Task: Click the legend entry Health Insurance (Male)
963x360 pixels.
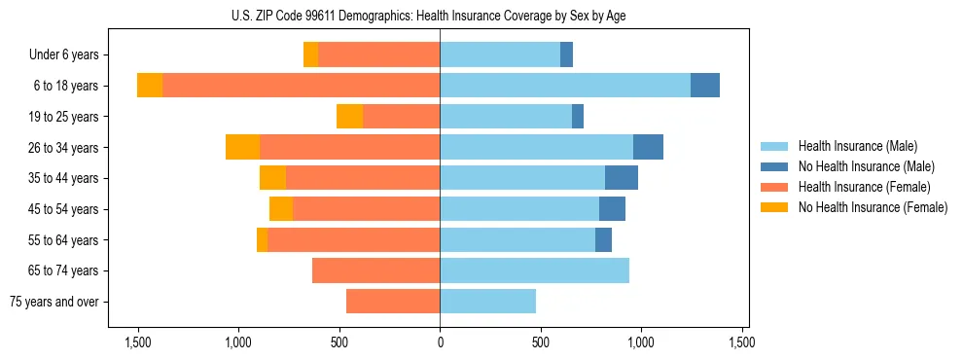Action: click(857, 146)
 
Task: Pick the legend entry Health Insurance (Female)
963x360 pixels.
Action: click(864, 187)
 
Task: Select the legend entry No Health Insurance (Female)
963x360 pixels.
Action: click(873, 207)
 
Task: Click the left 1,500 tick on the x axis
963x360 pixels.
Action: click(137, 342)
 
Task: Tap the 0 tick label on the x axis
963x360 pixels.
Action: click(440, 342)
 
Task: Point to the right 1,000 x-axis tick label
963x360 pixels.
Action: click(641, 342)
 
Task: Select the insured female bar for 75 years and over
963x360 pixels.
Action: click(393, 302)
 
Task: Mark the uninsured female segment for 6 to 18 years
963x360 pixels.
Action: click(150, 86)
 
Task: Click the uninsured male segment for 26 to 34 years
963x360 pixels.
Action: click(648, 147)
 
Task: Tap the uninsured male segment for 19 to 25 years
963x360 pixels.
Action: click(578, 117)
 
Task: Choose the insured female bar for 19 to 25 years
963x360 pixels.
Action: click(401, 117)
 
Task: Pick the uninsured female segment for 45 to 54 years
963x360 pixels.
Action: click(281, 209)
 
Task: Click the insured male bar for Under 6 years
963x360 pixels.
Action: click(500, 54)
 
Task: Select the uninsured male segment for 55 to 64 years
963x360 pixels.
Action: click(603, 239)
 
